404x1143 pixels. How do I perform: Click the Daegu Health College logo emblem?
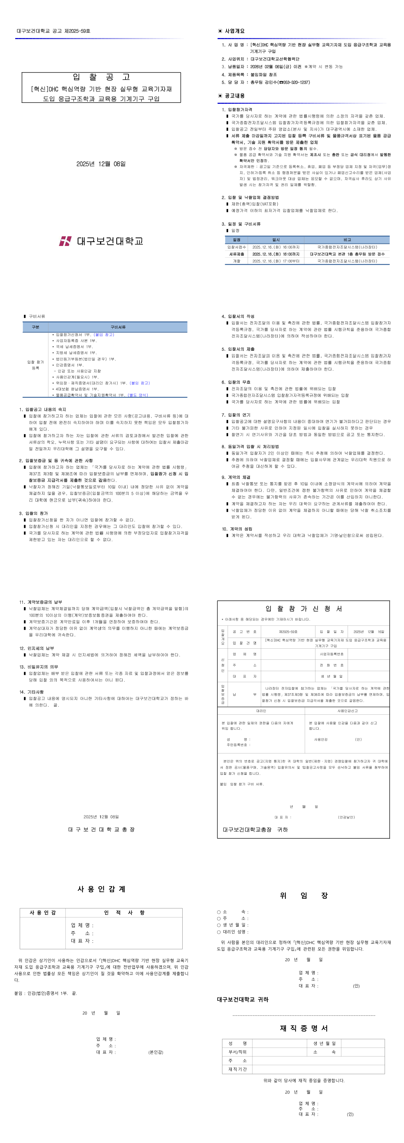click(x=65, y=241)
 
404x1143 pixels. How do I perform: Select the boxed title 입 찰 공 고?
click(x=101, y=77)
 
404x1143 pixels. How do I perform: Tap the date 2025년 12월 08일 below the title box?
click(x=101, y=164)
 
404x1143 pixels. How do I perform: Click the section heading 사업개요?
click(x=234, y=31)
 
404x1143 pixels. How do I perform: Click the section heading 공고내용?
click(x=234, y=95)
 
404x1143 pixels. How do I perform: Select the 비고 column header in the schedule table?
click(x=347, y=240)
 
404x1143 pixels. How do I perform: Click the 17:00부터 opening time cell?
click(x=275, y=261)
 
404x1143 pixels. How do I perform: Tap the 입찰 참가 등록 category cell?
click(x=36, y=365)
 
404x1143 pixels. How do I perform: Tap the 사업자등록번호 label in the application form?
click(x=332, y=654)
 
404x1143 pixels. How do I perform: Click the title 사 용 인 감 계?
click(x=101, y=889)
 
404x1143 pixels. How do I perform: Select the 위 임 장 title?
click(x=303, y=895)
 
